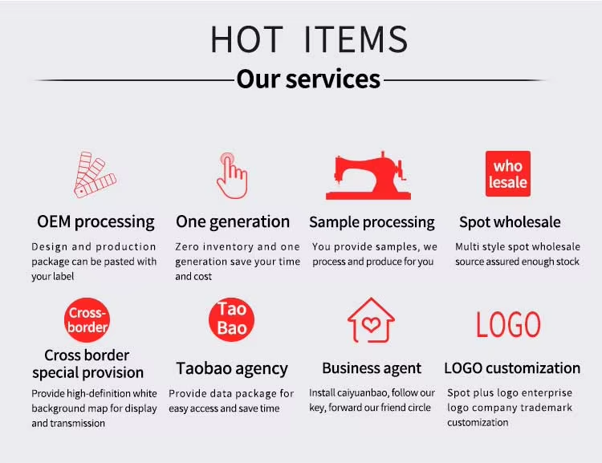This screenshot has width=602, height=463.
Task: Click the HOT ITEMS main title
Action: [x=309, y=39]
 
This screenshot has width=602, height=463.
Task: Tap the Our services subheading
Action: [x=308, y=79]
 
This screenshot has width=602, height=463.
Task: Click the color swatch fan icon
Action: [x=95, y=175]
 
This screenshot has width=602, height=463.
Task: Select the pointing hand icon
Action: [x=232, y=176]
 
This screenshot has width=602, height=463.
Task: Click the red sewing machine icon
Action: [x=368, y=176]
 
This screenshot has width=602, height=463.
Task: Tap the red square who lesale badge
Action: [x=508, y=173]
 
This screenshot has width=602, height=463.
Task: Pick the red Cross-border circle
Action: [x=87, y=320]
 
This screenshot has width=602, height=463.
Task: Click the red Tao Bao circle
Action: [x=231, y=319]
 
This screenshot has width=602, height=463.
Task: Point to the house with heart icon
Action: [x=371, y=320]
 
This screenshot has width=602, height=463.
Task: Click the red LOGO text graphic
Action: [x=508, y=324]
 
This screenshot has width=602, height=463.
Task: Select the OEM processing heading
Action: [x=96, y=222]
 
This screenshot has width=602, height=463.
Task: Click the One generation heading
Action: [x=233, y=222]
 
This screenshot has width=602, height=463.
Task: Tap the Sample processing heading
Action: [x=372, y=222]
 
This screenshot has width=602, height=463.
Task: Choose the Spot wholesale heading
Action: [x=510, y=222]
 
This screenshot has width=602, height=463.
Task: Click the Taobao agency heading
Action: [x=232, y=368]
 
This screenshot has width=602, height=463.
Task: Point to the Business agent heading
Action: [x=372, y=368]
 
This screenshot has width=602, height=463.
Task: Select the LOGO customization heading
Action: [x=512, y=368]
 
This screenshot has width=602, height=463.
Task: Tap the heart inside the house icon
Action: [x=371, y=325]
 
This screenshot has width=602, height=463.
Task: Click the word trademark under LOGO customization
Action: [x=547, y=408]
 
